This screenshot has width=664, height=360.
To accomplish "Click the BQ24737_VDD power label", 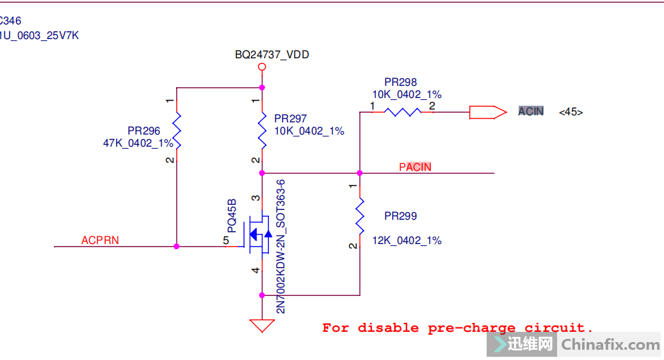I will point(271,55).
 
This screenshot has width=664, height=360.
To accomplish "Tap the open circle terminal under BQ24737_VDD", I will point(261,67).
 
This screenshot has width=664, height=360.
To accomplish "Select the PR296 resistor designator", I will point(143,131).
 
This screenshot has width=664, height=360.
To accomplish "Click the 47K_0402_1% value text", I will point(138,143).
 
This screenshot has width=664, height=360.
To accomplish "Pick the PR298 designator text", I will point(400,82).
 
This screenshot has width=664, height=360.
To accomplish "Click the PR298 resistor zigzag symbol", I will point(403,112).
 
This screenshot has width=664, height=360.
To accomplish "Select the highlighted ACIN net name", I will point(531,111).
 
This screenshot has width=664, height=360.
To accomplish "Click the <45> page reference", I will point(571,112).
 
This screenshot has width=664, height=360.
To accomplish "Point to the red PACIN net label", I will point(415,167).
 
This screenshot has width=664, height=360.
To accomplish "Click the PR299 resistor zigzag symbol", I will point(359,216).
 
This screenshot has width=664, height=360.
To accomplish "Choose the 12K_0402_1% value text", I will point(407,241).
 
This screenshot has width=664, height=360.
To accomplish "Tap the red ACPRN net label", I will point(100,241).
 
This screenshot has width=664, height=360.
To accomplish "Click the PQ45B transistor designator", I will point(232,215).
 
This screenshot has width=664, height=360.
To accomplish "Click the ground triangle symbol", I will point(261,325).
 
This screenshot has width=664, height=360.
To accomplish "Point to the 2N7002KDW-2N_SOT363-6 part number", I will point(280,247).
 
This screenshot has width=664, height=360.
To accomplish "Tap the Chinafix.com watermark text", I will point(610,345).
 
